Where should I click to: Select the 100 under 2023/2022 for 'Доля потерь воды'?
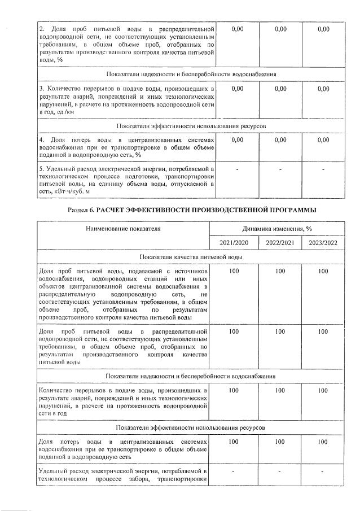coord(322,442)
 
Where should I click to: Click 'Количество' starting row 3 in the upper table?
coord(63,89)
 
